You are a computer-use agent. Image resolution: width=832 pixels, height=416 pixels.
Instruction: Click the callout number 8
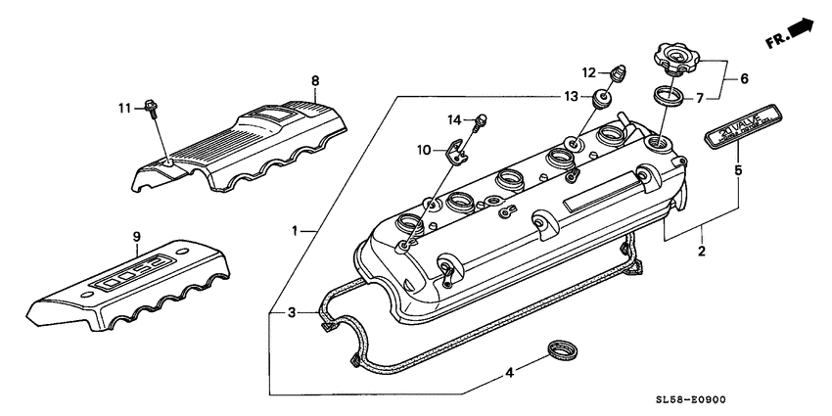coord(314,80)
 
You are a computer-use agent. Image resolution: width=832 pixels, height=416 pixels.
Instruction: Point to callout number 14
coord(453,119)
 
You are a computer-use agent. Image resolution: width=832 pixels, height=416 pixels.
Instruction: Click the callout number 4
coord(508,371)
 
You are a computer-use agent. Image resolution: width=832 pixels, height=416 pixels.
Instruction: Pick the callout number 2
coord(701,252)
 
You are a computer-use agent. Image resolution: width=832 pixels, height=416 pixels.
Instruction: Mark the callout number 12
coord(589,72)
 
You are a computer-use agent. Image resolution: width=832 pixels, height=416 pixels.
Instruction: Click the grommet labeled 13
coord(599,97)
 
